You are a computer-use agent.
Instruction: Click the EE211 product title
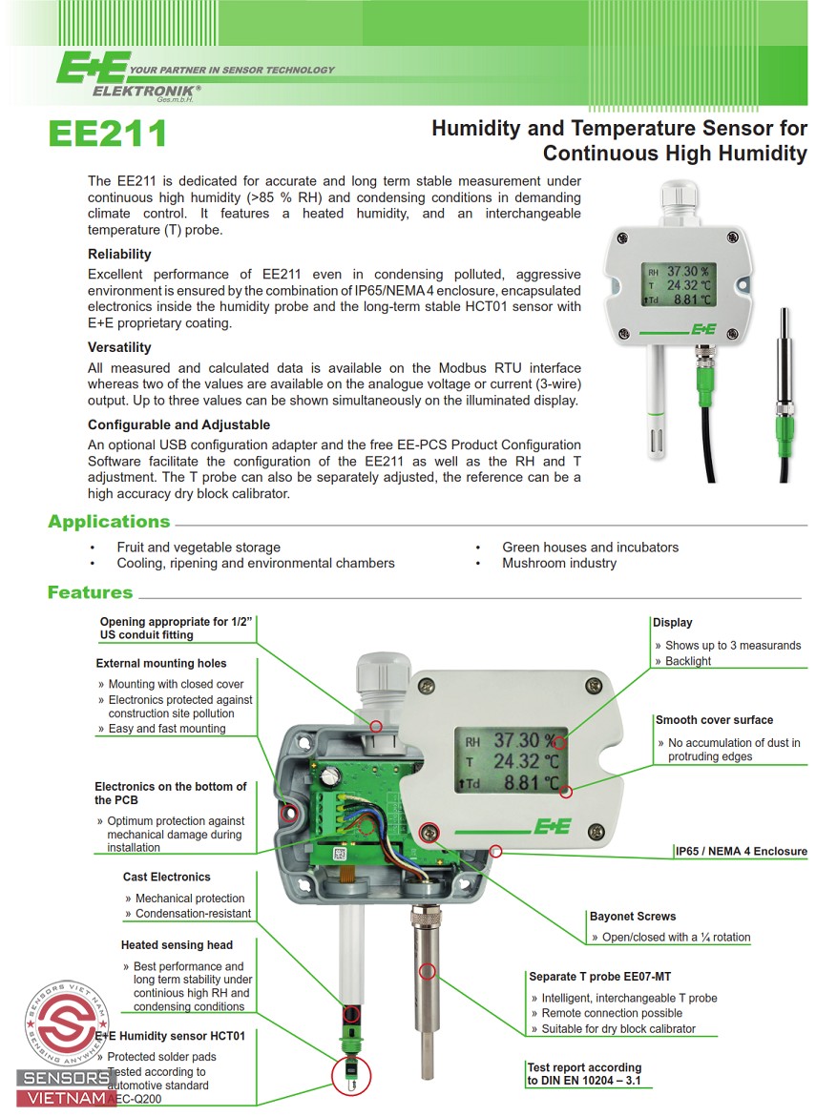click(x=107, y=134)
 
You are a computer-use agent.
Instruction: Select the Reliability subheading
click(x=119, y=255)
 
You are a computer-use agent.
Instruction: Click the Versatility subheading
click(x=119, y=347)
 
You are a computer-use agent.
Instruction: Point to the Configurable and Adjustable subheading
click(x=178, y=425)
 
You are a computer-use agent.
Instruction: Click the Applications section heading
click(x=109, y=522)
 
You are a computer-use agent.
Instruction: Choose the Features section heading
click(x=90, y=592)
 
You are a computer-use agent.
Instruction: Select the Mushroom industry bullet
click(x=559, y=563)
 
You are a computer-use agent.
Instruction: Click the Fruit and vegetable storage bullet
click(x=199, y=548)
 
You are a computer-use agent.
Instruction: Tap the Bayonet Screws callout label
click(x=632, y=917)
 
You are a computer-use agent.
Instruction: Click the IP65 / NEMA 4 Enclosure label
click(x=741, y=852)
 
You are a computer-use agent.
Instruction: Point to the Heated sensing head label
click(x=177, y=945)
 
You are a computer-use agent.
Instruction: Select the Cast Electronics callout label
click(x=167, y=877)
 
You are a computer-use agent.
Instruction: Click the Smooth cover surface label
click(x=714, y=720)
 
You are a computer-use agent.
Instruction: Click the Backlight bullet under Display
click(x=688, y=661)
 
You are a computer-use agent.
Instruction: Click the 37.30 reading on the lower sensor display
click(x=516, y=739)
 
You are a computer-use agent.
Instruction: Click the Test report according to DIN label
click(x=584, y=1074)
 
